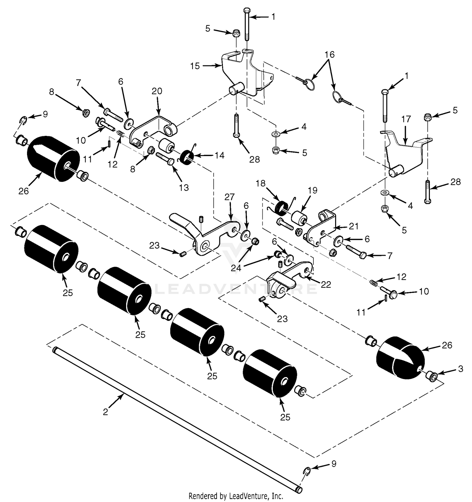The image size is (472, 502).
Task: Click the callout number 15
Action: pyautogui.click(x=195, y=66)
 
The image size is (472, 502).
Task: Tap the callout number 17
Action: pyautogui.click(x=406, y=119)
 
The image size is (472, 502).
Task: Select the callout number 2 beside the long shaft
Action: pyautogui.click(x=105, y=411)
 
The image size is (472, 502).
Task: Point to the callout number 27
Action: pyautogui.click(x=229, y=197)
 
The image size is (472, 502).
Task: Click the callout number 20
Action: pyautogui.click(x=157, y=91)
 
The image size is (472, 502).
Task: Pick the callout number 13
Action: pyautogui.click(x=183, y=187)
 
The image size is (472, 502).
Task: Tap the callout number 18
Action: pyautogui.click(x=261, y=183)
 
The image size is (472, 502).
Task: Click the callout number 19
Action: pyautogui.click(x=312, y=190)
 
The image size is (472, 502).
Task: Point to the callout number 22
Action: pyautogui.click(x=326, y=284)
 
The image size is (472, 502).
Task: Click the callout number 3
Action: pyautogui.click(x=460, y=369)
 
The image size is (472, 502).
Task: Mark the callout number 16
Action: pyautogui.click(x=329, y=54)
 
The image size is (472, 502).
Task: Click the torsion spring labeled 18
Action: pyautogui.click(x=281, y=208)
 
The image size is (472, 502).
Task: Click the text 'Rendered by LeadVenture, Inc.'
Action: pyautogui.click(x=236, y=496)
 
